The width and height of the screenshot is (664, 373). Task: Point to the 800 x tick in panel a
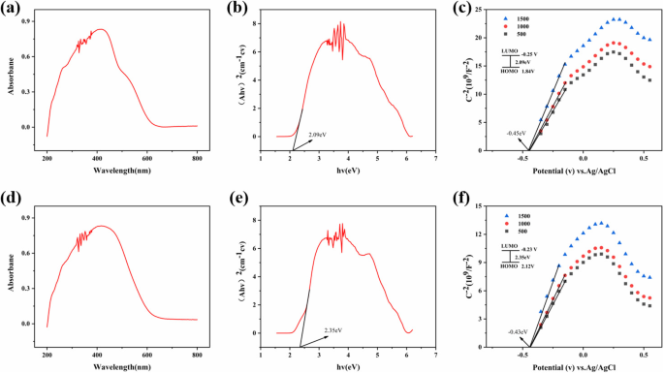pyautogui.click(x=197, y=155)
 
